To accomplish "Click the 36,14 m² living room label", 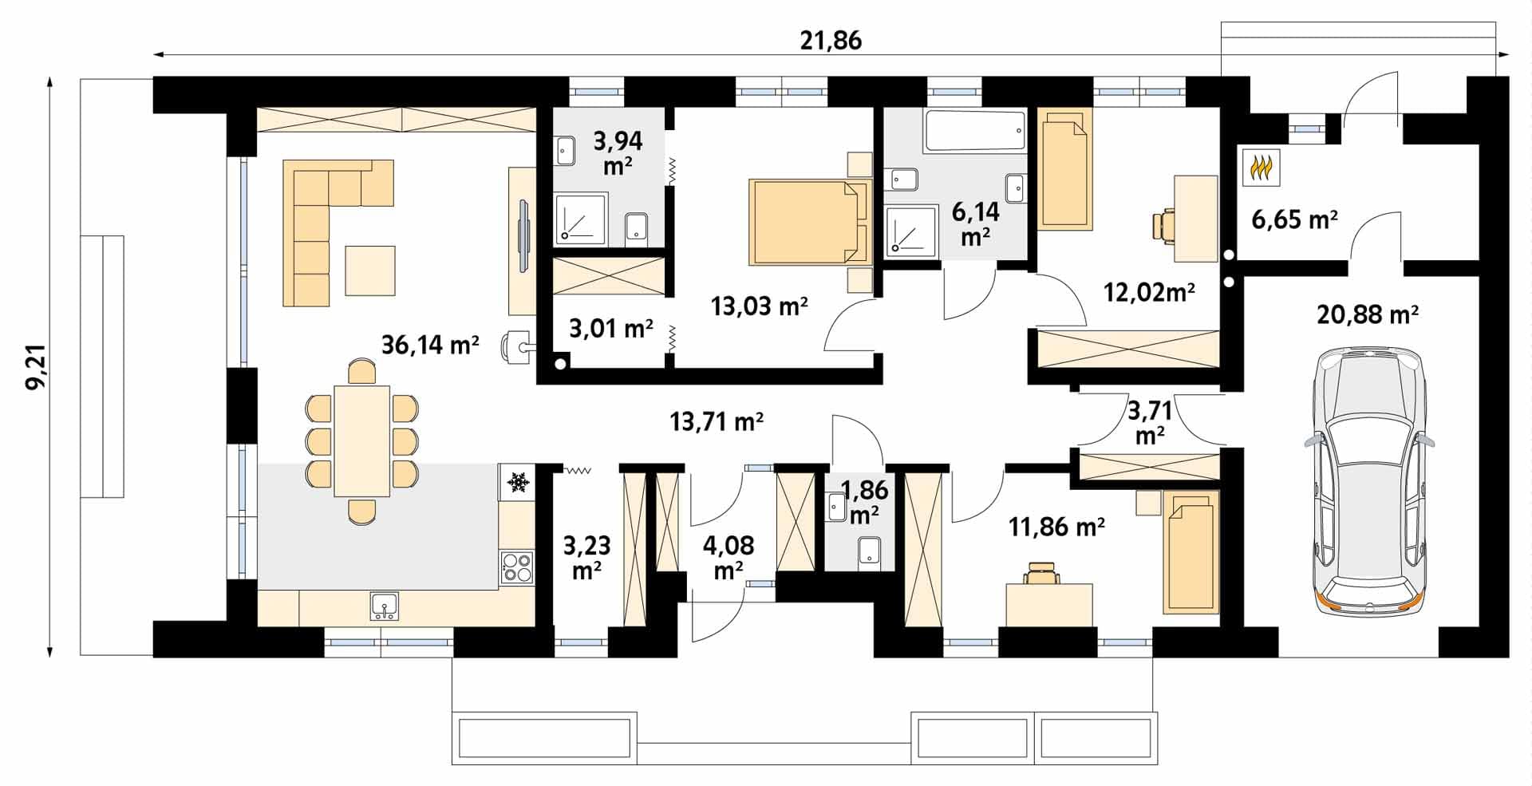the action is tap(430, 345).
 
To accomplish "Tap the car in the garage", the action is tap(1367, 480).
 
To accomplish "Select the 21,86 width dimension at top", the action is tap(831, 41).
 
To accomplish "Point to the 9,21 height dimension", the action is tap(36, 367).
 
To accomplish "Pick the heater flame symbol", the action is tap(1261, 168).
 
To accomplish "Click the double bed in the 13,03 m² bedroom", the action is tap(808, 222).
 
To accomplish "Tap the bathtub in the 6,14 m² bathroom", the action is tap(974, 131).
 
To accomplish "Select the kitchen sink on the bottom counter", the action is tap(385, 606).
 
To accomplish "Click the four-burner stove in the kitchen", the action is tap(517, 567).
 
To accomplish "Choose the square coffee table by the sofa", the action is tap(370, 271).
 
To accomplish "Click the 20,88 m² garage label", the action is tap(1367, 314).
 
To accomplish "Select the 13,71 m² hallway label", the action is tap(717, 421).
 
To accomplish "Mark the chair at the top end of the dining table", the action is tap(362, 373).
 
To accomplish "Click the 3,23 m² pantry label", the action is tap(586, 558).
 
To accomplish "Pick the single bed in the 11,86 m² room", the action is tap(1190, 552).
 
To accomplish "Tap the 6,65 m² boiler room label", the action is tap(1294, 219).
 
